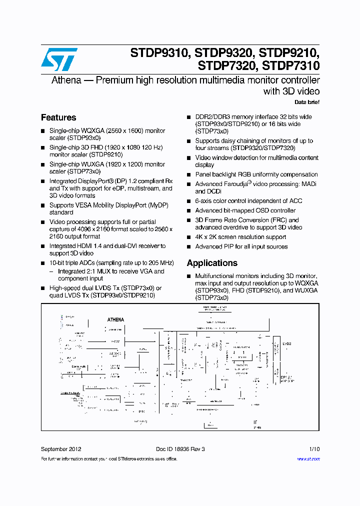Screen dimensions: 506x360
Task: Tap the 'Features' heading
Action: [x=58, y=117]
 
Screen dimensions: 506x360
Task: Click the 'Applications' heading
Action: [x=212, y=263]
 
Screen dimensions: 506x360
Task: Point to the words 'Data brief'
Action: [x=306, y=102]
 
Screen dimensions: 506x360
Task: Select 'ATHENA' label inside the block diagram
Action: [x=115, y=319]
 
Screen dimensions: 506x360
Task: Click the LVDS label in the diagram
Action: [x=286, y=343]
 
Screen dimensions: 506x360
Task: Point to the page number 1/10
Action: [x=313, y=449]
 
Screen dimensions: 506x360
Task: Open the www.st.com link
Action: [x=308, y=458]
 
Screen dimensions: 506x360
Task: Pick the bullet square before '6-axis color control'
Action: [x=189, y=201]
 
